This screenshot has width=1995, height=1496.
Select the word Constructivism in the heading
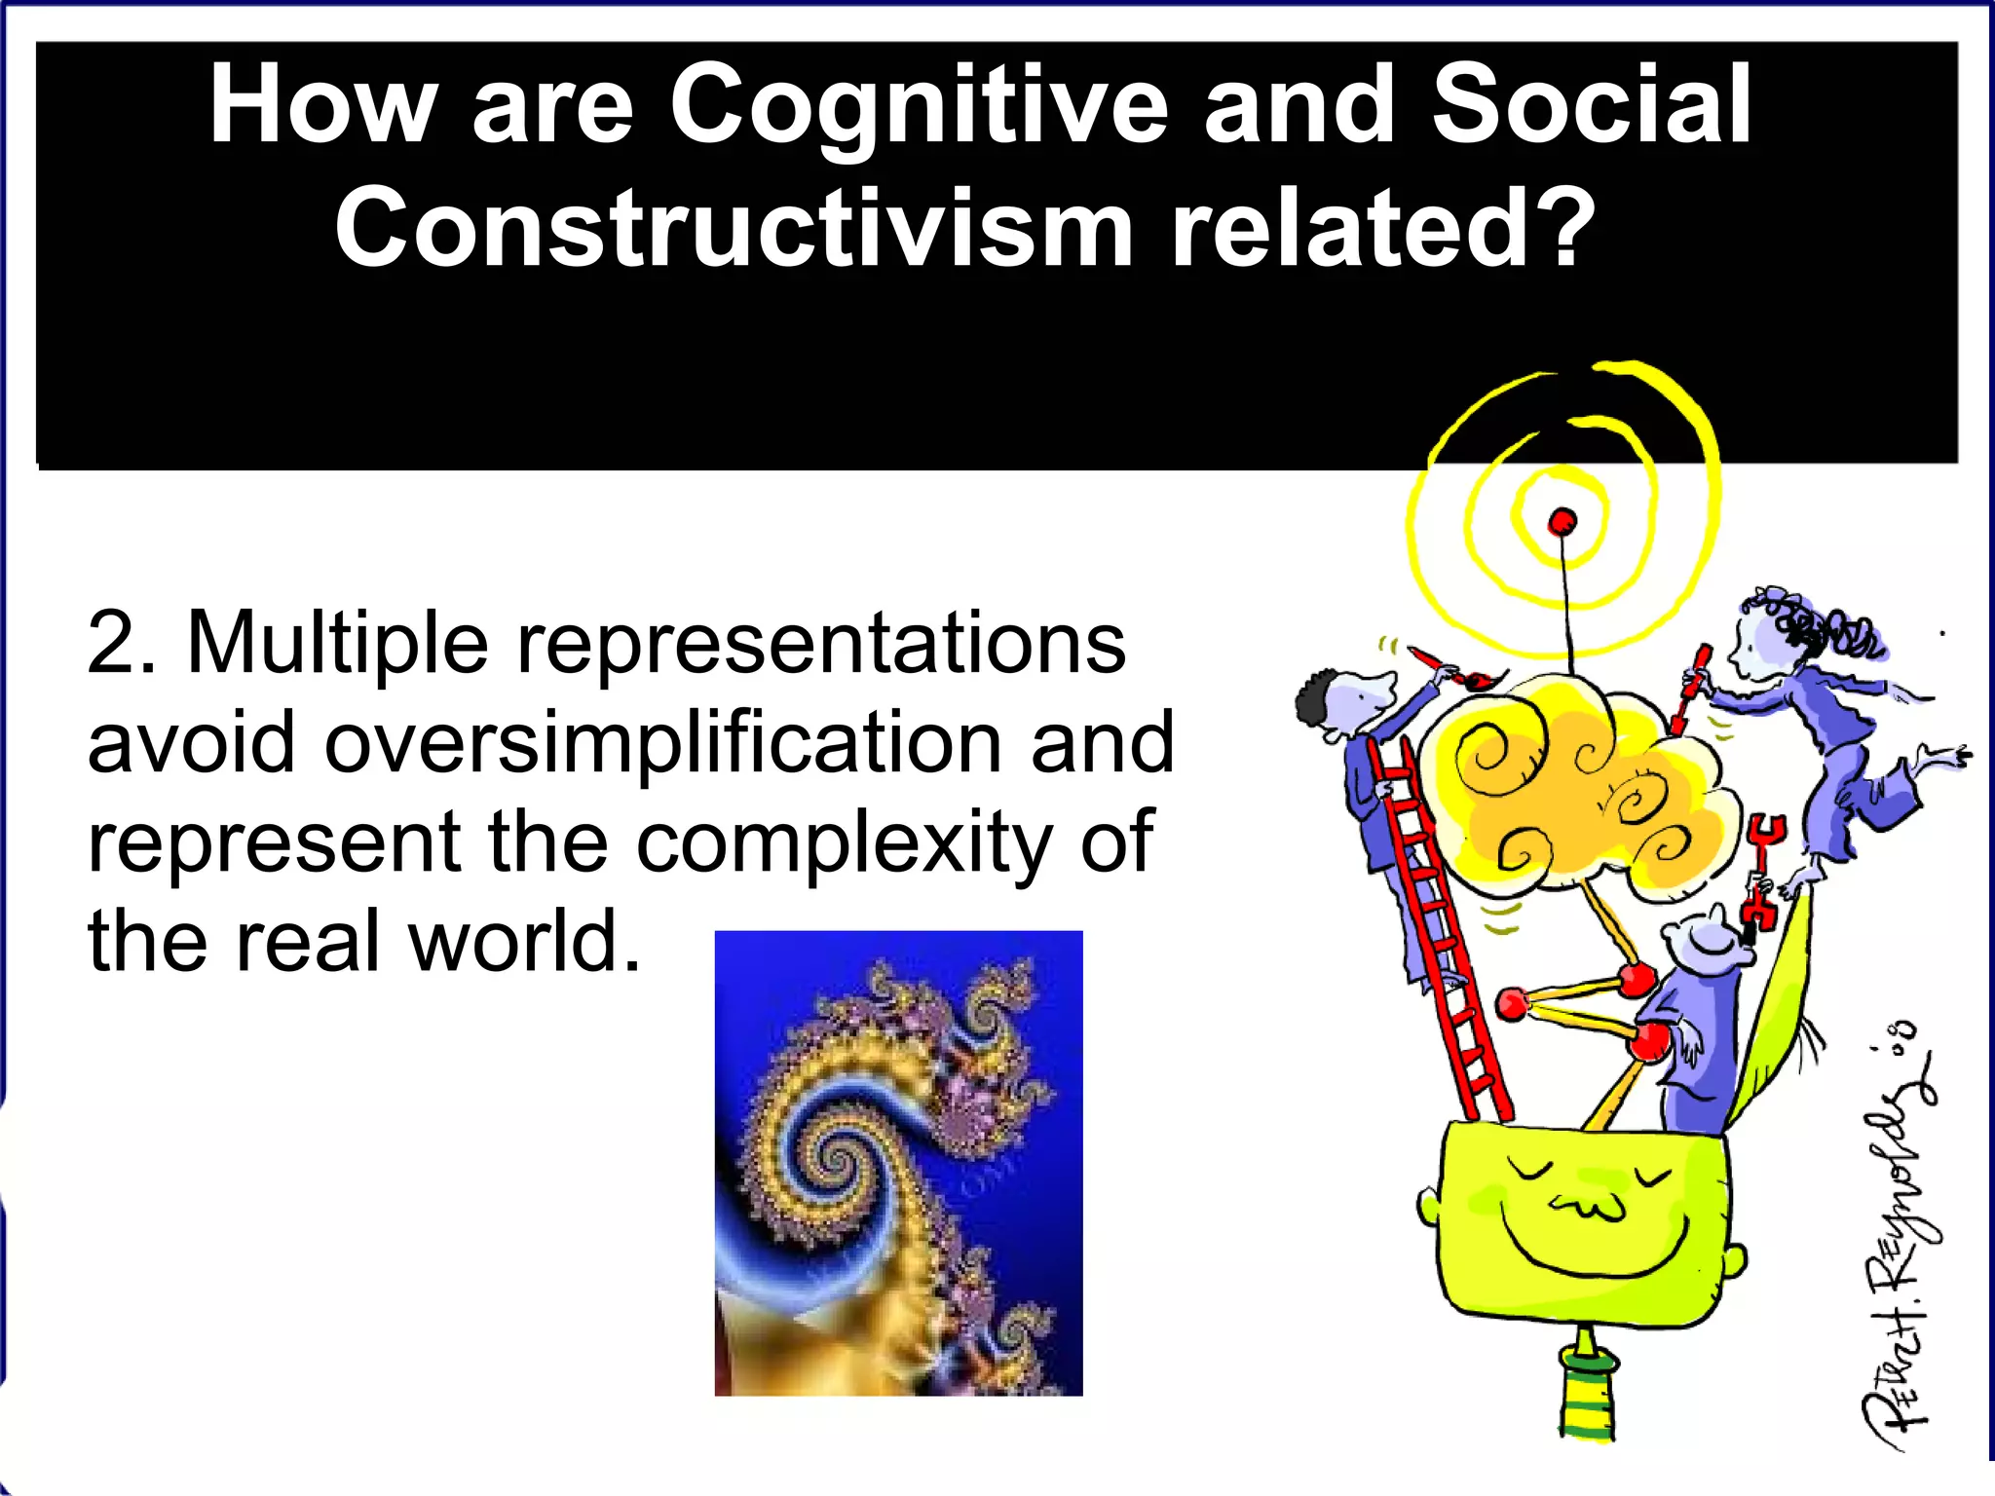tap(733, 229)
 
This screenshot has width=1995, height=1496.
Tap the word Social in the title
tap(1591, 105)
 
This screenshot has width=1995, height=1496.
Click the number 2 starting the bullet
tap(109, 643)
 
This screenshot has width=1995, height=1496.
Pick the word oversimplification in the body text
tap(662, 743)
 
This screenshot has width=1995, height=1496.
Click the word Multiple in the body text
tap(337, 643)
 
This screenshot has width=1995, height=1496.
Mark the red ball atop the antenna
tap(1562, 522)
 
